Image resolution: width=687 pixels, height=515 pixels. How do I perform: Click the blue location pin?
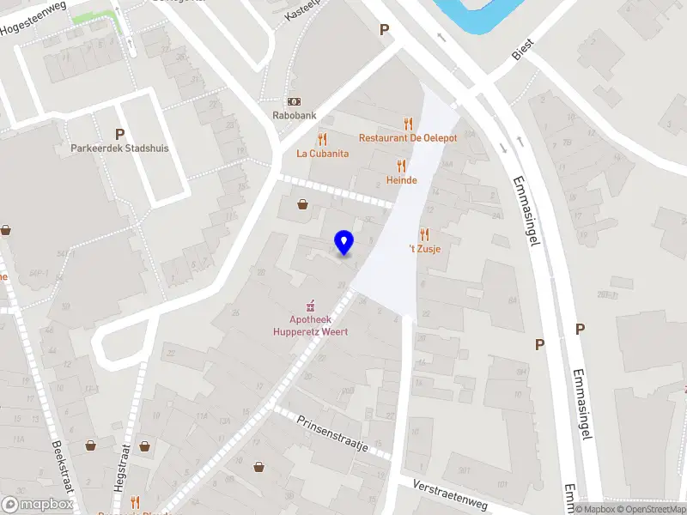tap(344, 242)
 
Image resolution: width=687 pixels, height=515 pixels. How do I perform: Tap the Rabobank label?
tap(294, 118)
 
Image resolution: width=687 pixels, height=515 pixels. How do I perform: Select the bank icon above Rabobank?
tap(294, 102)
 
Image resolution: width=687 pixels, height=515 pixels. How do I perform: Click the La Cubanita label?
tap(322, 154)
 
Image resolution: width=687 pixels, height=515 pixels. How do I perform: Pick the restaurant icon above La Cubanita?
tap(322, 138)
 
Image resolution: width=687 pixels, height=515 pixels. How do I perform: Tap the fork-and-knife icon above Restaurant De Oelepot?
tap(408, 124)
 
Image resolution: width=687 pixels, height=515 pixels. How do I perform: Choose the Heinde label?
tap(401, 180)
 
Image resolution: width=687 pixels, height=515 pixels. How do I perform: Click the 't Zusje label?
tap(424, 249)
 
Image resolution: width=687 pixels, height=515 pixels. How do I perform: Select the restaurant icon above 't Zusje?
tap(424, 233)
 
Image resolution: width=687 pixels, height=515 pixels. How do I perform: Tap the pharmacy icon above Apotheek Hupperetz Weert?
tap(310, 305)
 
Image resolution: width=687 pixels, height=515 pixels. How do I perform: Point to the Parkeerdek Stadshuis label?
tap(119, 148)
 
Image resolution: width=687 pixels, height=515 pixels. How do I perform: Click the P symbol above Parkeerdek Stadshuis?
tap(119, 133)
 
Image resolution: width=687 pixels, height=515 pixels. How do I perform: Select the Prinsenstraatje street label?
tap(332, 434)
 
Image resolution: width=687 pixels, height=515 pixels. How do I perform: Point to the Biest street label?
tap(522, 48)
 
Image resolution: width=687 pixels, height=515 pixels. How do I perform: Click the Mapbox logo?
tap(38, 505)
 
